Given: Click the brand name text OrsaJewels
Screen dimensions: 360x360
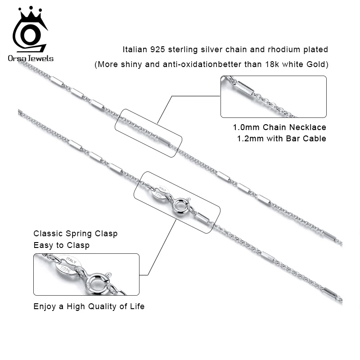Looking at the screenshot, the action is (x=30, y=58).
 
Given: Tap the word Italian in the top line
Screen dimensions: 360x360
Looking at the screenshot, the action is (x=136, y=49).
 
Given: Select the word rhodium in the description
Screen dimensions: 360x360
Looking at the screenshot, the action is (x=276, y=49).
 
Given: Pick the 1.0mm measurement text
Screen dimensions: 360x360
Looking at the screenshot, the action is (x=246, y=127).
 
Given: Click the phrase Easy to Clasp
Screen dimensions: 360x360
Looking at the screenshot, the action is (x=62, y=245).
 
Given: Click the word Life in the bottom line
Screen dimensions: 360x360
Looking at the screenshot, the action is (x=137, y=306).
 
